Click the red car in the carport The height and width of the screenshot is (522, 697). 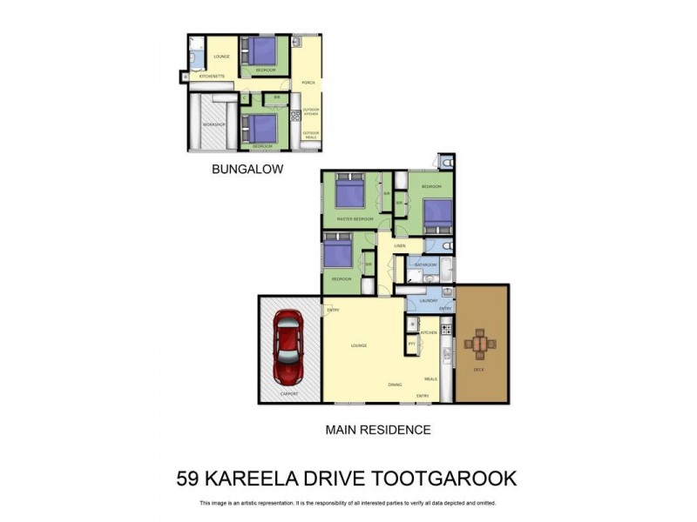(x=288, y=348)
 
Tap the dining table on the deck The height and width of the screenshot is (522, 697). (x=480, y=344)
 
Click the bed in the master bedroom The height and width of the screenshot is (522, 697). (x=349, y=194)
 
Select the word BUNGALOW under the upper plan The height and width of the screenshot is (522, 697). (x=247, y=170)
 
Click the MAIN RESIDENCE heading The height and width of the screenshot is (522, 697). (x=377, y=429)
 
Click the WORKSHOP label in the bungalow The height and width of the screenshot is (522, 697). (x=214, y=124)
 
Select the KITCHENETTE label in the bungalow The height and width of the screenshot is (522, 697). (x=212, y=77)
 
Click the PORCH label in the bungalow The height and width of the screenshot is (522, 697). (x=308, y=83)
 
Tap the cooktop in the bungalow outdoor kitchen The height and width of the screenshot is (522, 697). (x=295, y=115)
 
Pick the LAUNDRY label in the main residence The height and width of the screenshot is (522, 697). (x=428, y=301)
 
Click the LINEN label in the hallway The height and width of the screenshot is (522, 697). (x=399, y=246)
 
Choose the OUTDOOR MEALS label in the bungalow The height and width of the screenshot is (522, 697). (x=311, y=133)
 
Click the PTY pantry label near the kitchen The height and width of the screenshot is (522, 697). (x=411, y=344)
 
